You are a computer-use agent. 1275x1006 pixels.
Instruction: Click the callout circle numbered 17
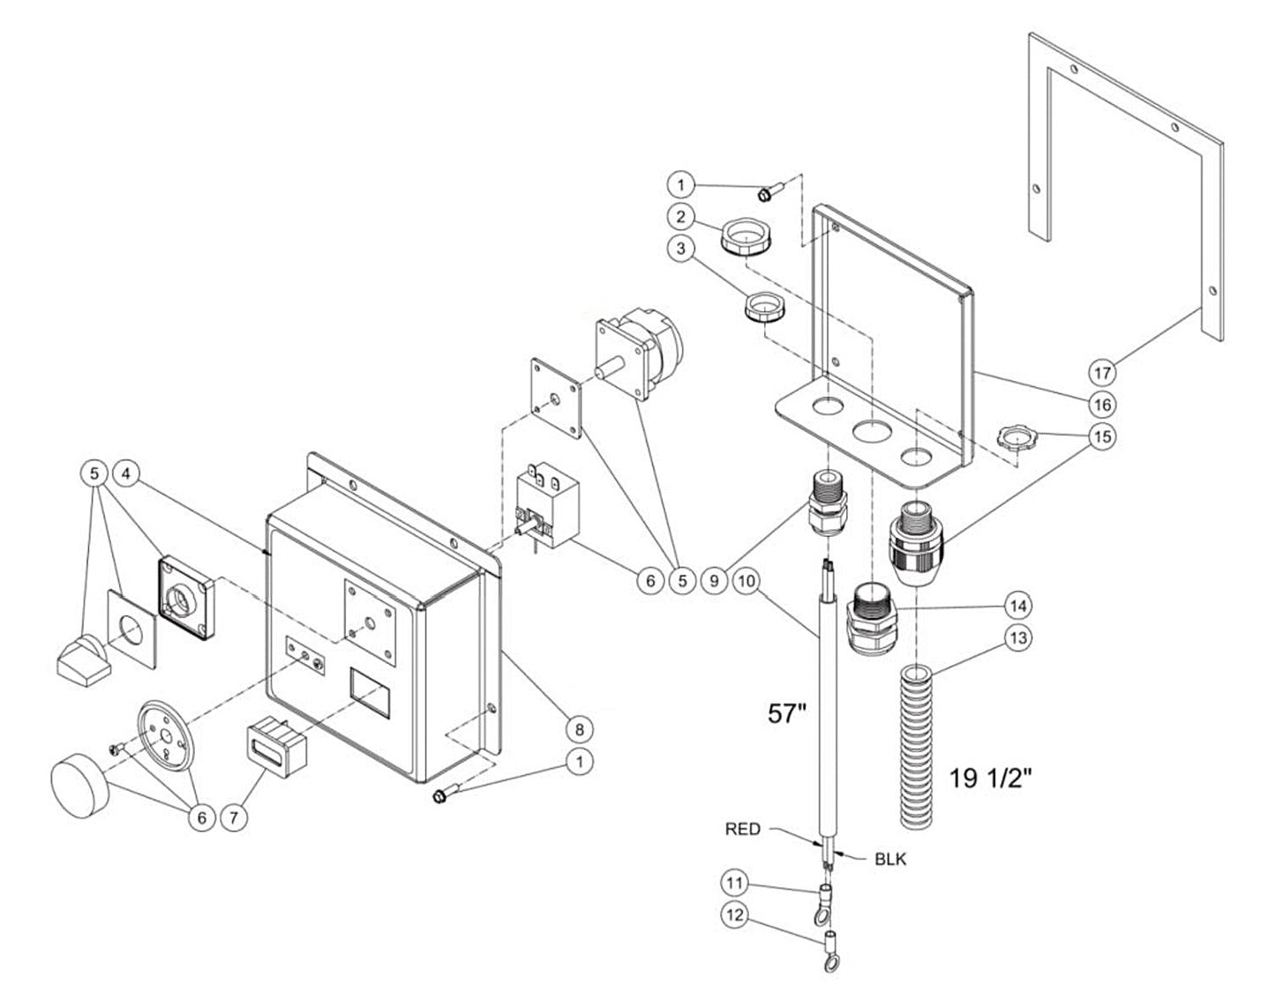[1103, 373]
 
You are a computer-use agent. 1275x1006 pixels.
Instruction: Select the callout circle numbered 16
[1103, 405]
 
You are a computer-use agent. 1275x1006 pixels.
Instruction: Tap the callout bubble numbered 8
[580, 729]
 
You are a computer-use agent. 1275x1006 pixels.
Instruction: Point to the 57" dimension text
[787, 714]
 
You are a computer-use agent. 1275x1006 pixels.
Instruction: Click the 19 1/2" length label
[991, 778]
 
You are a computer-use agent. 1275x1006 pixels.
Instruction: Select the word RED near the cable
[742, 829]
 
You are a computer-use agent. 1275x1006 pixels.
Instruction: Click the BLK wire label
[890, 859]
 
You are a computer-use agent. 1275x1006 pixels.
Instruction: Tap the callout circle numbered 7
[234, 817]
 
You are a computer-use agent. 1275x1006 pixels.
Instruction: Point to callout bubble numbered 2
[681, 217]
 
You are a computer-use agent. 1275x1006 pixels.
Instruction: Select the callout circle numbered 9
[714, 581]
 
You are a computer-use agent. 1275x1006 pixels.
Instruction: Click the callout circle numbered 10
[746, 581]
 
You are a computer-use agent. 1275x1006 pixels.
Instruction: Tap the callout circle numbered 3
[681, 249]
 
